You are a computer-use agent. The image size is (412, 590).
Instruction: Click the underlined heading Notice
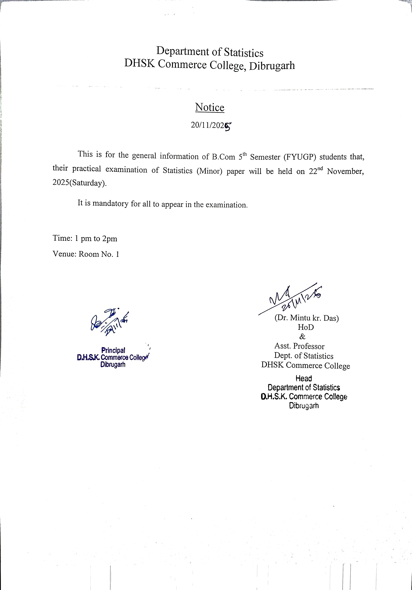pyautogui.click(x=210, y=107)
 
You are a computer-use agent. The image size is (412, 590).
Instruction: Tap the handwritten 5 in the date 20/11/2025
pyautogui.click(x=228, y=127)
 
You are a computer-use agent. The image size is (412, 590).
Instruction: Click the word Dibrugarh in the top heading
pyautogui.click(x=272, y=66)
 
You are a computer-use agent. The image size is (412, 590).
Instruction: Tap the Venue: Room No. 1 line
pyautogui.click(x=86, y=254)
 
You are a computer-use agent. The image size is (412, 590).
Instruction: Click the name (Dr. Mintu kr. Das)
pyautogui.click(x=306, y=318)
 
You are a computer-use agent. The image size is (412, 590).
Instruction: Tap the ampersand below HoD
pyautogui.click(x=303, y=337)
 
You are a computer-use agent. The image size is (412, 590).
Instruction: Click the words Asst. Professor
pyautogui.click(x=299, y=346)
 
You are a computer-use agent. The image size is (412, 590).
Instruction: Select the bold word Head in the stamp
pyautogui.click(x=304, y=378)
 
